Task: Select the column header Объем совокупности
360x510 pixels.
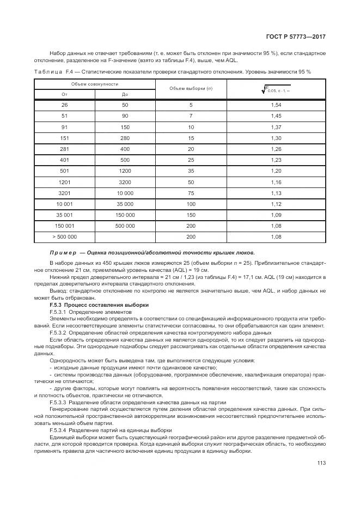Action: (x=95, y=84)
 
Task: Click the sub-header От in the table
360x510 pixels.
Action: (x=64, y=94)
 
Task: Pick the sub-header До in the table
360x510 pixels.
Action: (x=125, y=94)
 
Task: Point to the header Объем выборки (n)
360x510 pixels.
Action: (x=191, y=89)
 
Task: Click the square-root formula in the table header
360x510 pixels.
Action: (x=276, y=89)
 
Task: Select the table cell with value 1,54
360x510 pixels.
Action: (x=276, y=104)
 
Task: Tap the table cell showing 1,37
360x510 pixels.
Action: (x=276, y=126)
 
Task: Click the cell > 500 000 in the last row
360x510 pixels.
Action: (x=64, y=237)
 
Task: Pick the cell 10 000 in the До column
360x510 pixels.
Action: (x=125, y=193)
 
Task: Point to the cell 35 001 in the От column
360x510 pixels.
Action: (x=64, y=215)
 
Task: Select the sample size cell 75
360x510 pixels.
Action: (x=191, y=193)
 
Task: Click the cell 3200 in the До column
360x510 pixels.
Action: (x=125, y=181)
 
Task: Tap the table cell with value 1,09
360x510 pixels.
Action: (x=276, y=215)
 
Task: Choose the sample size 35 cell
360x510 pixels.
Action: (x=191, y=171)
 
